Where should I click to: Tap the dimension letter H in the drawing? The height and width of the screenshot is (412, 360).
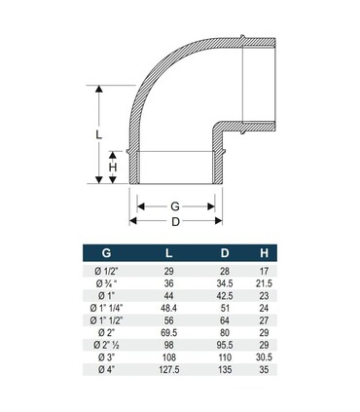[x=113, y=168]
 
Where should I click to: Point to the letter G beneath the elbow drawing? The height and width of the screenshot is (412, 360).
[x=176, y=206]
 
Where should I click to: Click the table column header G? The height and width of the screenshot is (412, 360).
[x=93, y=256]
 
